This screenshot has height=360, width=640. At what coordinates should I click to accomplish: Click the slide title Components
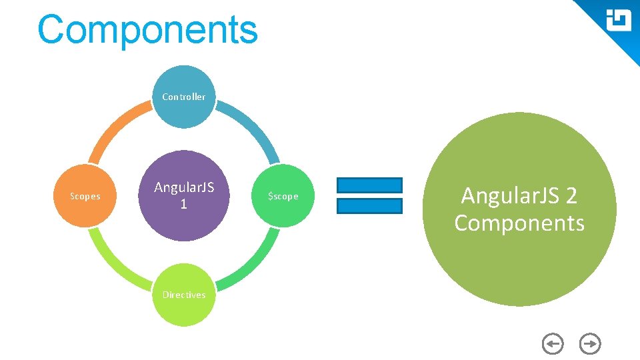[x=147, y=30]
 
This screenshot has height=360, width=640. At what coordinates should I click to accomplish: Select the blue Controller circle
[x=184, y=97]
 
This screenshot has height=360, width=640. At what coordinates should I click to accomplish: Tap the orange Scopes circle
[x=85, y=196]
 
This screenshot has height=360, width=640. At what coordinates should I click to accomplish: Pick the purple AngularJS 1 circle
[x=184, y=195]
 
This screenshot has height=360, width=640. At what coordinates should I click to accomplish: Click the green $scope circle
[x=283, y=196]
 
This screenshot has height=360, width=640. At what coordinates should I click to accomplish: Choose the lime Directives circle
[x=184, y=295]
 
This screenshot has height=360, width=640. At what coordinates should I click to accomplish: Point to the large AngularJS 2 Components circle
[x=519, y=209]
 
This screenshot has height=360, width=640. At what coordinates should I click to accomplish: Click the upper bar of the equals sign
[x=369, y=185]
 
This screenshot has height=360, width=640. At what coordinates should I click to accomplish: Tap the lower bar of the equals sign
[x=369, y=206]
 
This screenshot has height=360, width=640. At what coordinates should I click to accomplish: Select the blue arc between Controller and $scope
[x=253, y=127]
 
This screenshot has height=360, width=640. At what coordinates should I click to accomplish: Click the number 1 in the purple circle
[x=184, y=205]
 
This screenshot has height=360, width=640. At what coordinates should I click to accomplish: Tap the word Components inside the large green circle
[x=519, y=223]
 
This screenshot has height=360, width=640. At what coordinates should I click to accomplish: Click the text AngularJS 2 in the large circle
[x=519, y=196]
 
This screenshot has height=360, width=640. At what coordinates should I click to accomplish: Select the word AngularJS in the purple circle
[x=184, y=187]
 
